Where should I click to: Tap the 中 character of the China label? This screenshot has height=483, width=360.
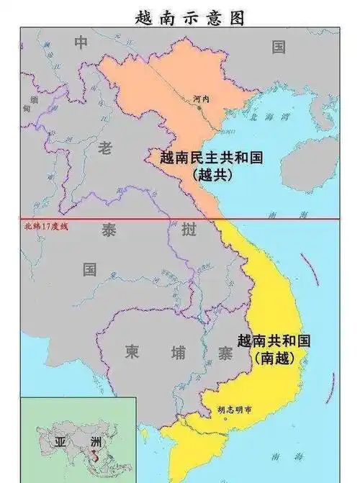[x=81, y=43]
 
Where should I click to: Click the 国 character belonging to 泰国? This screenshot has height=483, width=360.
[x=89, y=270]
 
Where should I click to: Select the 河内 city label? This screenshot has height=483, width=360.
[x=201, y=99]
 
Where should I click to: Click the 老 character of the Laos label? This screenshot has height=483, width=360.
[x=105, y=149]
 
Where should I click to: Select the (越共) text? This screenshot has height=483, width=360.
[x=210, y=175]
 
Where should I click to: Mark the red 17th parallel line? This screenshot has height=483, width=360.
[x=288, y=218]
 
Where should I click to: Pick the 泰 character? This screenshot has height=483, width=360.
[x=109, y=230]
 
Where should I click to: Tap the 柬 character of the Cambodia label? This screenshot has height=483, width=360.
[x=132, y=352]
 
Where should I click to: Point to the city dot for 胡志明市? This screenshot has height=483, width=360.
[x=225, y=418]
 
